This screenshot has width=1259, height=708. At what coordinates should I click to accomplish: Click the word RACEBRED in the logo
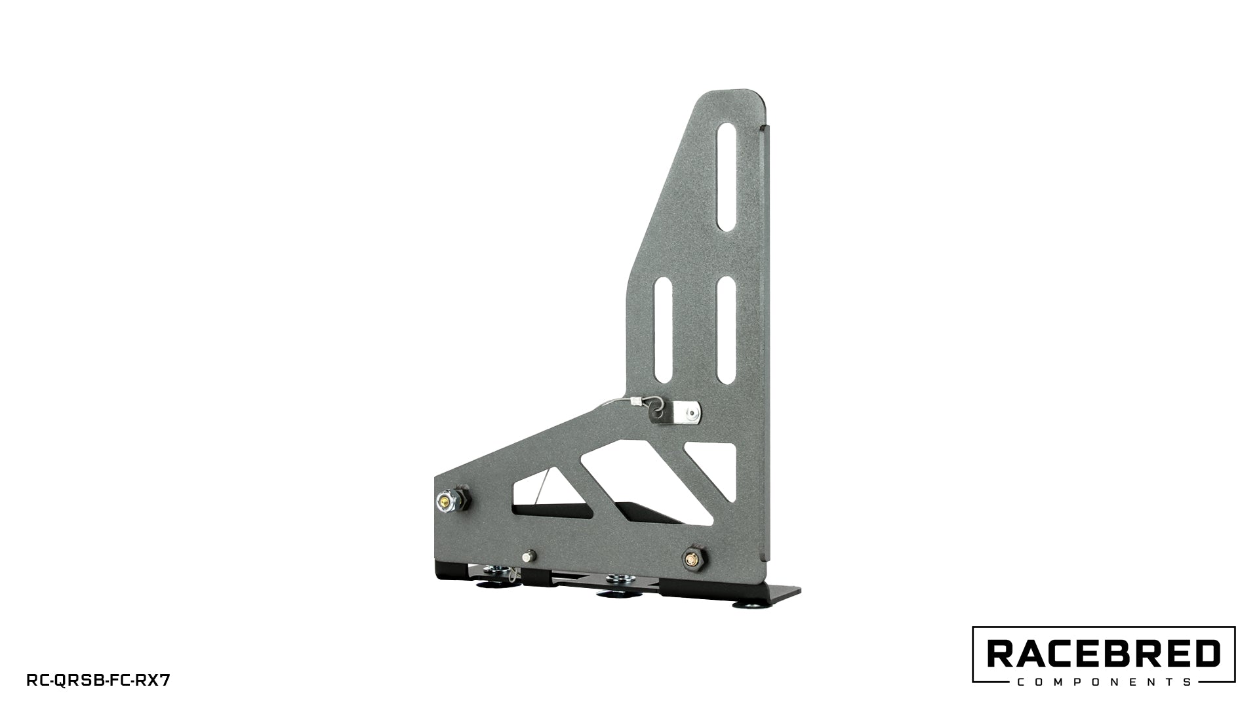pyautogui.click(x=1104, y=654)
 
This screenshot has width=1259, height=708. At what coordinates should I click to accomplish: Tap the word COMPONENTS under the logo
pyautogui.click(x=1104, y=682)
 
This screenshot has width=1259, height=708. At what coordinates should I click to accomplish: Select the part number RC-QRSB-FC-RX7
pyautogui.click(x=98, y=680)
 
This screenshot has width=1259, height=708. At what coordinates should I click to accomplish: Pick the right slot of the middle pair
pyautogui.click(x=725, y=330)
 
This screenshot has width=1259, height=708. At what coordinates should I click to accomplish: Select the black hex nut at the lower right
pyautogui.click(x=692, y=559)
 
